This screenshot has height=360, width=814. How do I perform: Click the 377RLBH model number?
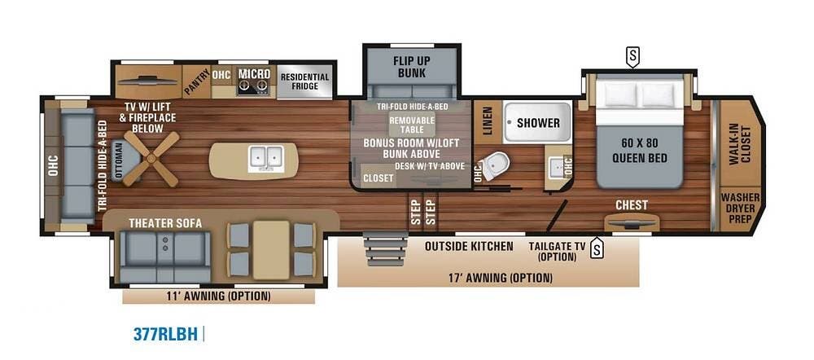click(166, 334)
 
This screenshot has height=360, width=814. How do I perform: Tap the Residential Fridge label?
click(304, 81)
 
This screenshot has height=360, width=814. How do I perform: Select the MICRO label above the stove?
click(254, 74)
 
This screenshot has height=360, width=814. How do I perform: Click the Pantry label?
click(196, 81)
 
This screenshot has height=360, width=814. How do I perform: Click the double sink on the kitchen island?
click(266, 157)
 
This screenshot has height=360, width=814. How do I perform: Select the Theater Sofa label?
click(165, 223)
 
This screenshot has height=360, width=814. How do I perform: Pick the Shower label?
click(538, 123)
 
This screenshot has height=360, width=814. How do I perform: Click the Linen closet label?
click(487, 121)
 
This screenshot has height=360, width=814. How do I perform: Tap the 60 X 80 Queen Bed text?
click(640, 150)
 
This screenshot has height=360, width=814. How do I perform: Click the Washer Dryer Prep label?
click(740, 209)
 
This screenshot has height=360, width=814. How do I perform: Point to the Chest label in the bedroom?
click(632, 205)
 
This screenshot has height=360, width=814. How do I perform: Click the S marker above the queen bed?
click(632, 57)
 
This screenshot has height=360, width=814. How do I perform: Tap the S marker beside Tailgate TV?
click(597, 248)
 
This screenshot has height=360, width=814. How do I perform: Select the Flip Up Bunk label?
click(412, 67)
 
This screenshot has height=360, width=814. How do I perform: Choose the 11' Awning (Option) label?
click(218, 296)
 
